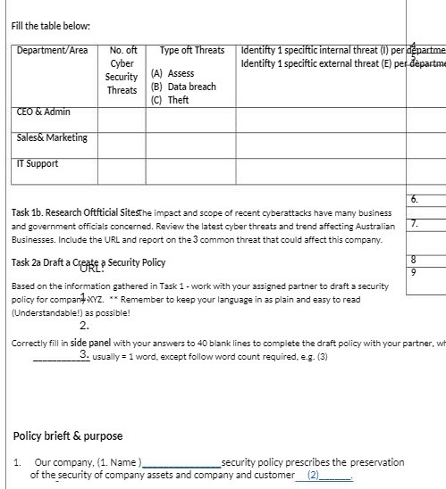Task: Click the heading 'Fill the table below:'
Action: pos(51,26)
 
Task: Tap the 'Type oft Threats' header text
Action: pos(192,51)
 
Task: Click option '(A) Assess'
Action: pos(173,74)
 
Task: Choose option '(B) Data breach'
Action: pos(183,87)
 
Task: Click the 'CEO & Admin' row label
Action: pos(43,112)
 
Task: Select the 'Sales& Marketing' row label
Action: pos(52,137)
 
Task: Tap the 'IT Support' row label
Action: pos(38,163)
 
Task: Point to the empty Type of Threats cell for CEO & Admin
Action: pos(190,118)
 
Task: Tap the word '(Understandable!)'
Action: pos(45,313)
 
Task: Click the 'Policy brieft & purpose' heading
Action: pos(68,436)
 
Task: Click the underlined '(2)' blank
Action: pos(313,476)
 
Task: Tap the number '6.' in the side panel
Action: pos(414,199)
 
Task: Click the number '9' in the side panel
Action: pos(413,272)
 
